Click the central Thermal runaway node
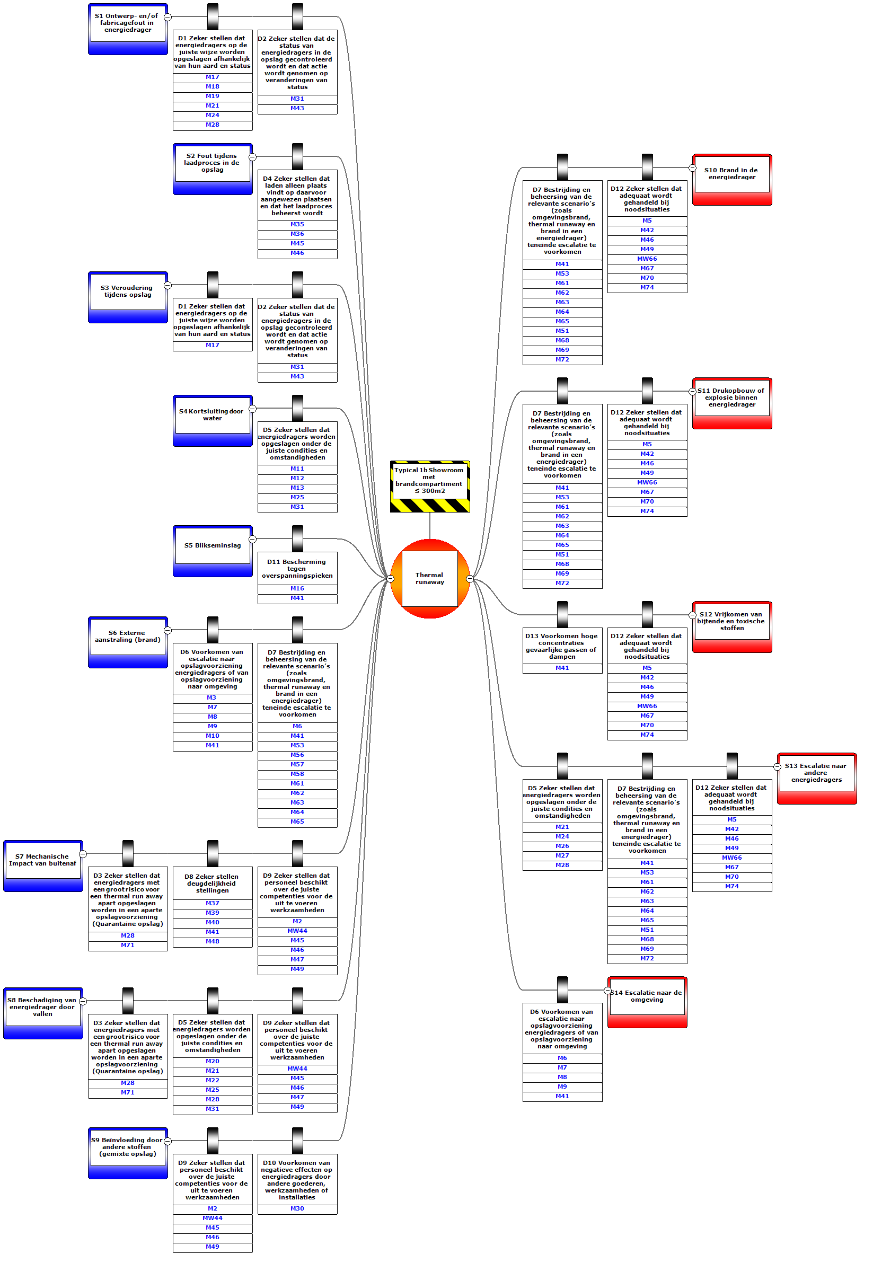coord(429,578)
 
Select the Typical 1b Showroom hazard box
coord(429,480)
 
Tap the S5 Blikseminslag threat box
coord(212,545)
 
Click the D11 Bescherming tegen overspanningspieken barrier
coord(297,568)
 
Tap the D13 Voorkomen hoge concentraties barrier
coord(562,646)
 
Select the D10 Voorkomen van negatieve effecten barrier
coord(297,1180)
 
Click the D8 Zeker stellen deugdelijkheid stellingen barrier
coord(212,883)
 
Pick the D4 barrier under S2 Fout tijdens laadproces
coord(297,195)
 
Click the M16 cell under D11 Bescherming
coord(297,588)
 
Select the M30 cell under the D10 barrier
coord(297,1208)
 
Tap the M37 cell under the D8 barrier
coord(212,903)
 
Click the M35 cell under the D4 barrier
coord(297,224)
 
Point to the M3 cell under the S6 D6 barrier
coord(211,697)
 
